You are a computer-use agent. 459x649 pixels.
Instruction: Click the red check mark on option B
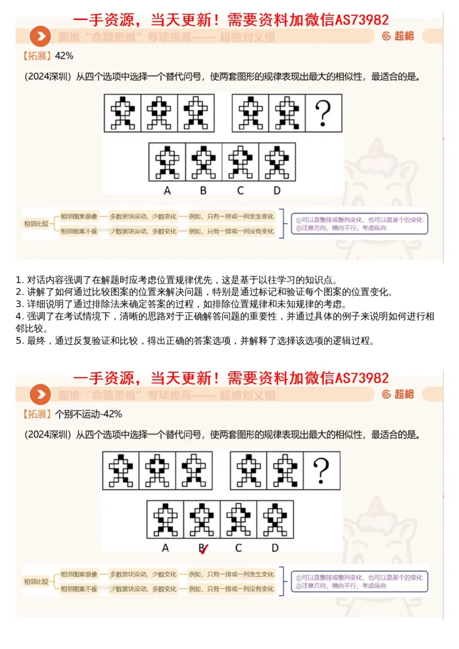[x=203, y=550]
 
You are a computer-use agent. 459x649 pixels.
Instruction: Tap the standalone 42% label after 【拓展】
[x=64, y=56]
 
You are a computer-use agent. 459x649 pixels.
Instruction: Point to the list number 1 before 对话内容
[x=18, y=281]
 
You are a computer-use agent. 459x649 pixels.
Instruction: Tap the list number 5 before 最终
[x=18, y=341]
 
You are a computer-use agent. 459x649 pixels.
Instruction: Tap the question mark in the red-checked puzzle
[x=322, y=471]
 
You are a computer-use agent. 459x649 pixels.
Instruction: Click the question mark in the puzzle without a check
[x=324, y=112]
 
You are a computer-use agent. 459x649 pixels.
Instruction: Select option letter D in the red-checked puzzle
[x=275, y=548]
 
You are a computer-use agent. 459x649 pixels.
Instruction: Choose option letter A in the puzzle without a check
[x=167, y=191]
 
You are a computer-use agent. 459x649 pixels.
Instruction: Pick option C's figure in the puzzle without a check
[x=240, y=161]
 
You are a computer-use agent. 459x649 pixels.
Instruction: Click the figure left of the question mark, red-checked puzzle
[x=285, y=471]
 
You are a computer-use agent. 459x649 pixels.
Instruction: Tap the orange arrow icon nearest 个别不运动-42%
[x=40, y=394]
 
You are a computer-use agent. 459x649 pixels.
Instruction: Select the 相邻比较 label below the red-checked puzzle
[x=36, y=581]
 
